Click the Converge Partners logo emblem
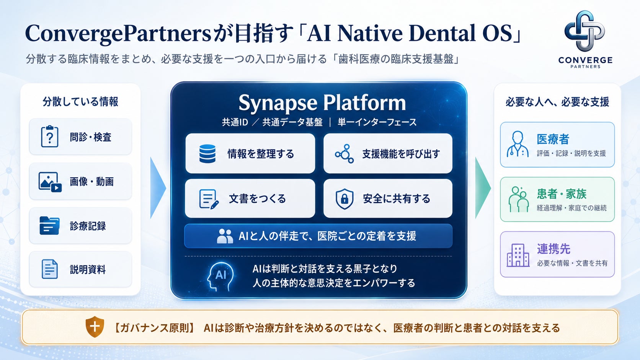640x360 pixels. [x=584, y=31]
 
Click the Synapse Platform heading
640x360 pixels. [x=322, y=103]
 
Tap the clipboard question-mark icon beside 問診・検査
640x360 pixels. [x=49, y=137]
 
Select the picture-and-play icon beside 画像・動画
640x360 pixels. [x=50, y=182]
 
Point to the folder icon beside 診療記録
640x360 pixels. [x=49, y=226]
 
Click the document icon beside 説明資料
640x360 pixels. [x=49, y=269]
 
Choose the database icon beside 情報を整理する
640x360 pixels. [x=207, y=153]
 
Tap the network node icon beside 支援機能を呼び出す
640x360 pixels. [x=344, y=153]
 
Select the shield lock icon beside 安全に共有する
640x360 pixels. [x=344, y=199]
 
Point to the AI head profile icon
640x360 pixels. [x=220, y=277]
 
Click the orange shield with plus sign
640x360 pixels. [x=95, y=327]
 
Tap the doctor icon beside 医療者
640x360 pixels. [x=518, y=144]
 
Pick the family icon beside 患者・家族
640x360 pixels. [x=518, y=199]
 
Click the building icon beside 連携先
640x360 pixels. [x=518, y=255]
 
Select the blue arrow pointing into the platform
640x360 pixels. [x=157, y=187]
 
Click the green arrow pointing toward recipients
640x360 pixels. [x=482, y=187]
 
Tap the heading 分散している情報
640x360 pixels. [x=80, y=102]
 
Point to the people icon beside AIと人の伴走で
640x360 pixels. [x=225, y=236]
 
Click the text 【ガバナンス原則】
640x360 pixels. [x=154, y=328]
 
